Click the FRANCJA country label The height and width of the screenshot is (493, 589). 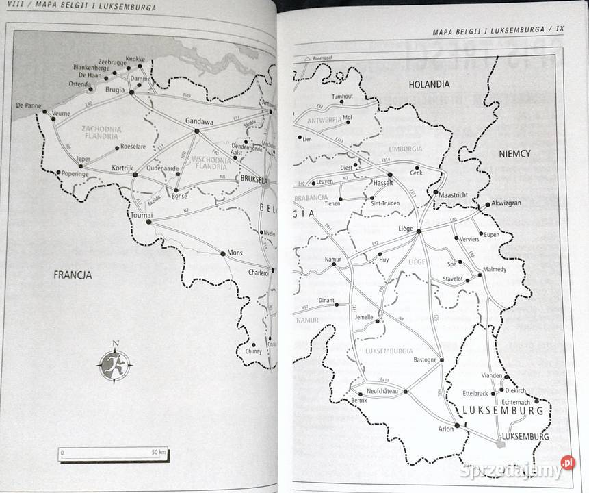pyautogui.click(x=73, y=275)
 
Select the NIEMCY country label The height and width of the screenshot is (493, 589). pyautogui.click(x=516, y=155)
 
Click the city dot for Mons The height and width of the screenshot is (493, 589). pyautogui.click(x=223, y=253)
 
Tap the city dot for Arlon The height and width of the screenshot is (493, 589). pyautogui.click(x=457, y=425)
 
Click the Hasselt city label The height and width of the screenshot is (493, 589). pyautogui.click(x=384, y=184)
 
